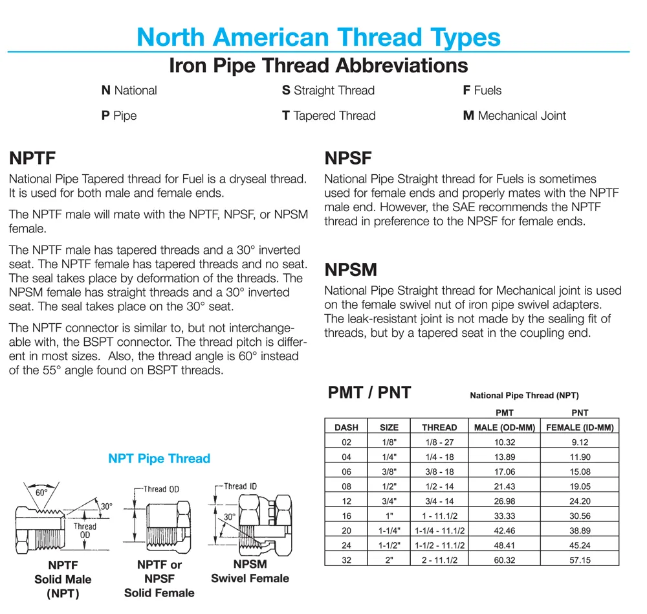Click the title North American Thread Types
coord(318,36)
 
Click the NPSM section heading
coord(351,269)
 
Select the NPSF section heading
coord(348,157)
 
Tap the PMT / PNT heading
coord(369,392)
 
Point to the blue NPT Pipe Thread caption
coord(159,459)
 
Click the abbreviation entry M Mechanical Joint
coord(514,116)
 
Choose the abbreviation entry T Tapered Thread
coord(329,116)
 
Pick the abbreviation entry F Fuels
coord(482,91)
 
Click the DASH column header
coord(346,427)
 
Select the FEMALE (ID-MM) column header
coord(580,427)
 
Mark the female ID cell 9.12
coord(580,442)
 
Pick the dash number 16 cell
coord(346,516)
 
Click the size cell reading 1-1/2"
coord(389,545)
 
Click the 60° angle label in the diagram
coord(42,493)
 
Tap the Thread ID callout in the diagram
coord(240,486)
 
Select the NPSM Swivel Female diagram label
coord(250,571)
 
